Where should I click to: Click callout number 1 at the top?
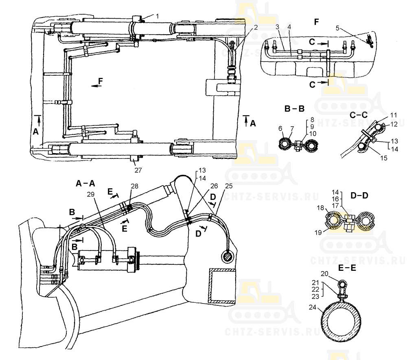coord(158,15)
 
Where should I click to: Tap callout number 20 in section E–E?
coord(325,274)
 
